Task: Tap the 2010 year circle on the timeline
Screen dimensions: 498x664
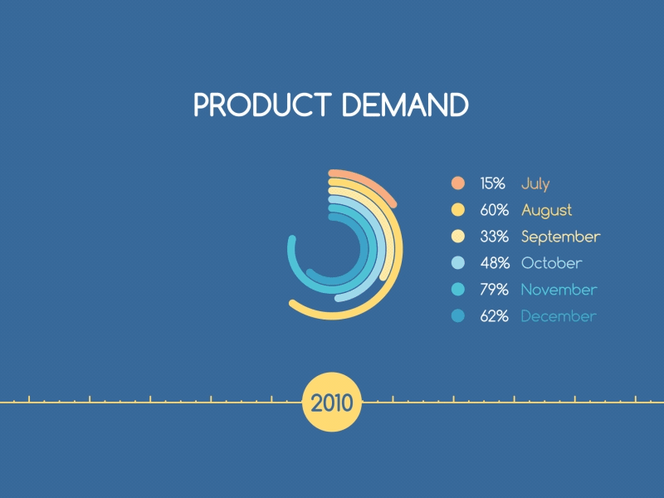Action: [x=332, y=403]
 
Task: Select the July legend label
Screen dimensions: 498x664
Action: [x=535, y=183]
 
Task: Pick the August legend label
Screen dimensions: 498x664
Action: [x=546, y=210]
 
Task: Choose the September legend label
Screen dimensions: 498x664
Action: [x=560, y=237]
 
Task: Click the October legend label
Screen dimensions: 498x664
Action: [x=551, y=263]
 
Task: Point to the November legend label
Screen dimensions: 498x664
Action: [x=559, y=290]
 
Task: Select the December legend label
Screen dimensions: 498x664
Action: [x=558, y=316]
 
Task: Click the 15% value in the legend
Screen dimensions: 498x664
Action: [x=492, y=183]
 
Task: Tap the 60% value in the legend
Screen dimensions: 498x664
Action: [x=494, y=210]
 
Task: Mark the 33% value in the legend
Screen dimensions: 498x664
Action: [x=494, y=237]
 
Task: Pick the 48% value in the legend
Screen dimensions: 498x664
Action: [x=494, y=263]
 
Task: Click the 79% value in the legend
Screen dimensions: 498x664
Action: [x=494, y=290]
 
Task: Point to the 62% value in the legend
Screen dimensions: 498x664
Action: [x=494, y=316]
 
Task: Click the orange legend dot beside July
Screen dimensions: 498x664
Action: [x=458, y=183]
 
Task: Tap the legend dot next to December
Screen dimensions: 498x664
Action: [x=458, y=316]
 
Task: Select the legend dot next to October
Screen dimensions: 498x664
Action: [x=458, y=263]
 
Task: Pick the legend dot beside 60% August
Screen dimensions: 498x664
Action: [x=458, y=210]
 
